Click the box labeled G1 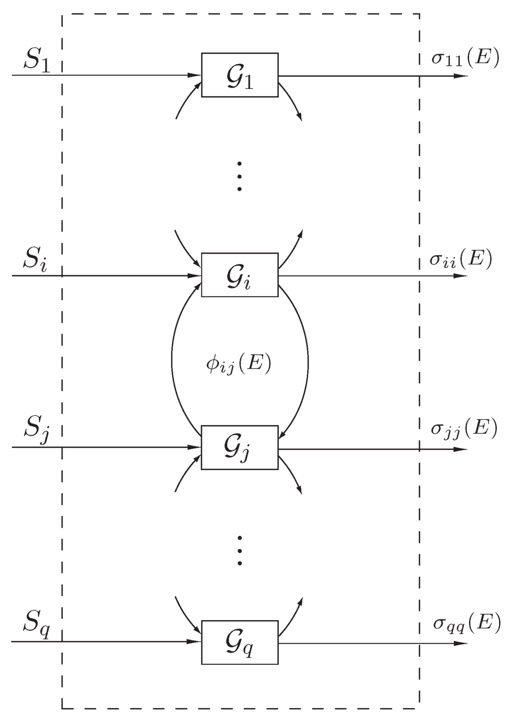(240, 75)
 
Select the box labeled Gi (240, 275)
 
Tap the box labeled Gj (240, 447)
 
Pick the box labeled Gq (240, 642)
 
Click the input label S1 (37, 61)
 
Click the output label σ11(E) (464, 58)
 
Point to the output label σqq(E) (466, 623)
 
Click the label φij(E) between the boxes (239, 365)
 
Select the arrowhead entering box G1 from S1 (194, 76)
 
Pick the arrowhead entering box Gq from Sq (194, 642)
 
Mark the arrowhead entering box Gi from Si (194, 275)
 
